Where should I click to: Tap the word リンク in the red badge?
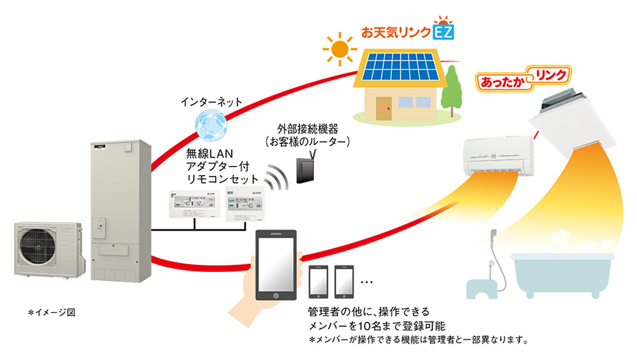point(549,75)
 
